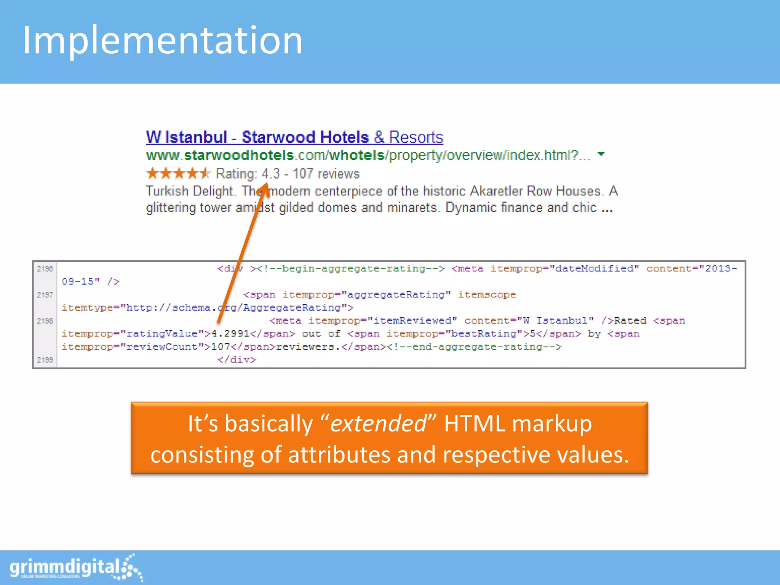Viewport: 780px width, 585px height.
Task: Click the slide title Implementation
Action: [163, 40]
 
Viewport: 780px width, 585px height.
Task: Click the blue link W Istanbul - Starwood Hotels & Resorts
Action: [294, 137]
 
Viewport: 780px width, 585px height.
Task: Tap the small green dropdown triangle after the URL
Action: [601, 154]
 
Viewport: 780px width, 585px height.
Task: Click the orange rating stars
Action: [178, 174]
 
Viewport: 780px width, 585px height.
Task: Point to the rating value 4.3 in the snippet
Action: [271, 174]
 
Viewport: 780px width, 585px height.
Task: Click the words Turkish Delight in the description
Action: [189, 191]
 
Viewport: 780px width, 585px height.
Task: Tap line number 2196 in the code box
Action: [45, 269]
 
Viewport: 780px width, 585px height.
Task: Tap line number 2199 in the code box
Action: [45, 360]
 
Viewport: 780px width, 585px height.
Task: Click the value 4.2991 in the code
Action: [230, 334]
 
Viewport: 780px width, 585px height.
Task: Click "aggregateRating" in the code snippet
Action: [396, 295]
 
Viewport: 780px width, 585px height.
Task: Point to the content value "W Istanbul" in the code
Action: [555, 321]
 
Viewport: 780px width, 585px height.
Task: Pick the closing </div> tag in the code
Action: [237, 360]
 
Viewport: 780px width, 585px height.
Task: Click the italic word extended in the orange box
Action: [378, 424]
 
